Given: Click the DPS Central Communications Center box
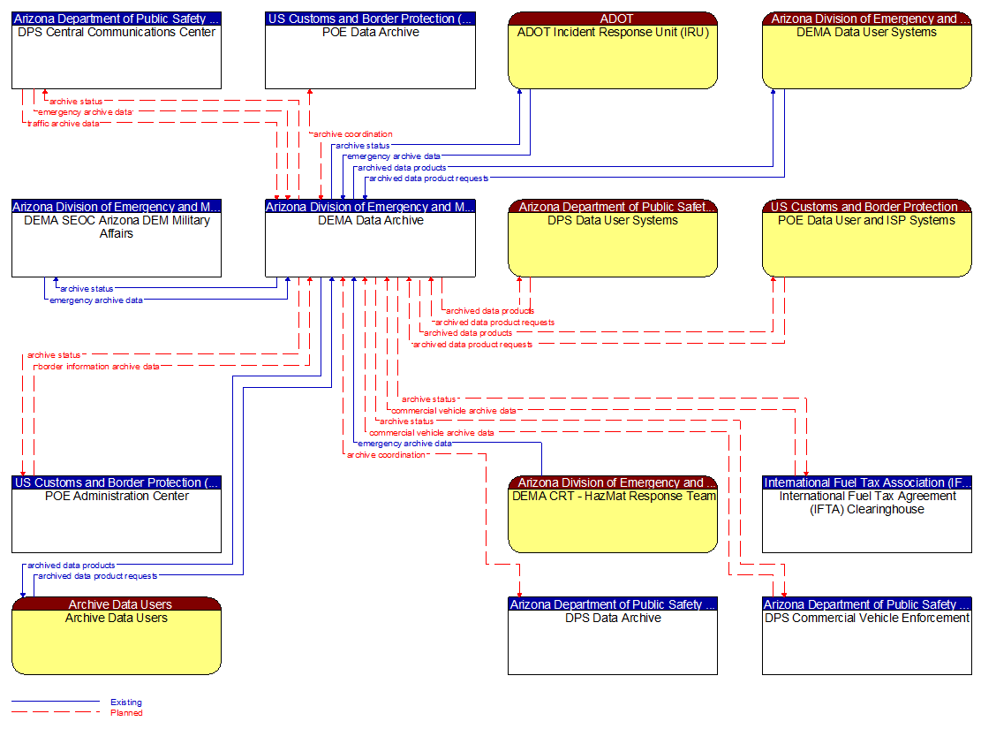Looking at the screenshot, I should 116,57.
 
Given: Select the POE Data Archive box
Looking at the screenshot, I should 370,57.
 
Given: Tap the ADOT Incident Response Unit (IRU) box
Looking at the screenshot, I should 612,57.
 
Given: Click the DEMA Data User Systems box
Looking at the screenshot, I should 866,57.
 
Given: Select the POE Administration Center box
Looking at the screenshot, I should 116,521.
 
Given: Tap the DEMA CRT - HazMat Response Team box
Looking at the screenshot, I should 612,521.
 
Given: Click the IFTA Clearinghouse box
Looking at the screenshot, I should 866,521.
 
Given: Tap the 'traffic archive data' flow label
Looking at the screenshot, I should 63,124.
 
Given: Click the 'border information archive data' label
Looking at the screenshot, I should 97,367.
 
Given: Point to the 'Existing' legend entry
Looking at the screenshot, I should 125,702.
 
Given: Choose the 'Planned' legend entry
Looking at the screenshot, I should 125,713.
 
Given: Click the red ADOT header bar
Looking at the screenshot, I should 612,19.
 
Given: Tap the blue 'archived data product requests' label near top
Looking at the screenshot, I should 428,178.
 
